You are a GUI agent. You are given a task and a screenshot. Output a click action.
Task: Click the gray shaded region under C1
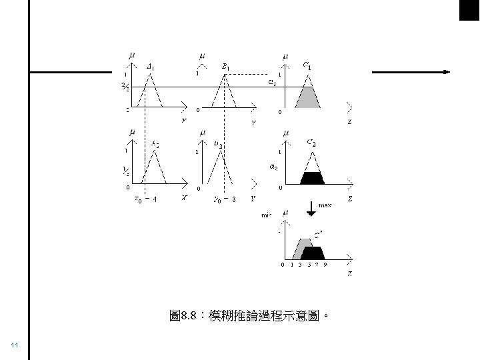click(x=309, y=97)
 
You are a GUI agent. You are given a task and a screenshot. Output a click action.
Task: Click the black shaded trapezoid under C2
click(x=311, y=178)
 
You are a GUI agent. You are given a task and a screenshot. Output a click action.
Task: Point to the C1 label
click(x=307, y=65)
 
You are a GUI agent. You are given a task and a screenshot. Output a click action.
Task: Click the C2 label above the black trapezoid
click(x=311, y=143)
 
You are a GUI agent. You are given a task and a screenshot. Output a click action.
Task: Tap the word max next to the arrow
click(x=325, y=207)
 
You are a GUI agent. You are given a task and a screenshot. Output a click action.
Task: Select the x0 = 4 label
click(x=146, y=199)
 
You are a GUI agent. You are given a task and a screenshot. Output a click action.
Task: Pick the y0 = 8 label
click(x=225, y=199)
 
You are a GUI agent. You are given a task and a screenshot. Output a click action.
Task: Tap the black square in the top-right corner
click(x=469, y=10)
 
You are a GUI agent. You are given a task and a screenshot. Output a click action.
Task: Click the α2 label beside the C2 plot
click(x=273, y=167)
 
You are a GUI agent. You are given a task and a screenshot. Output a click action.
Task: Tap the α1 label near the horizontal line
click(x=272, y=82)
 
